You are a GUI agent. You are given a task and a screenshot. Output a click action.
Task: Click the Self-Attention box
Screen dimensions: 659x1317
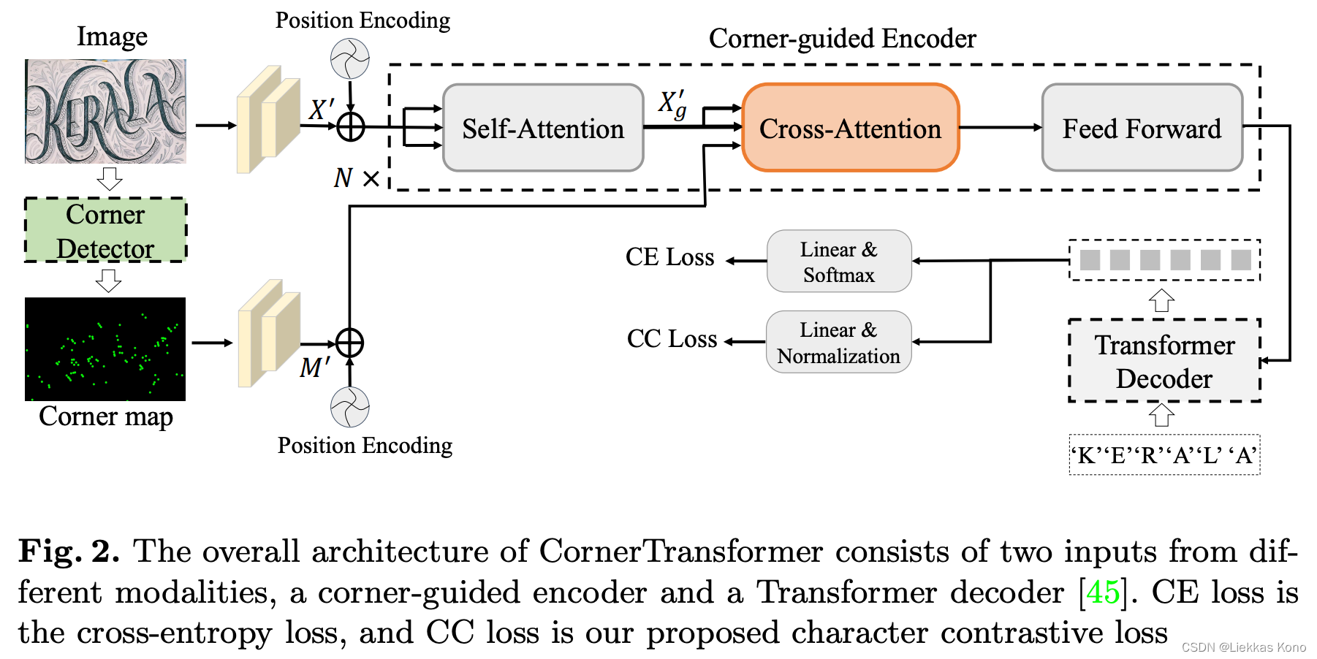pos(543,129)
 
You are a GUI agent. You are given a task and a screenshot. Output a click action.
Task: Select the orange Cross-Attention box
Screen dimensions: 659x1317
pos(850,129)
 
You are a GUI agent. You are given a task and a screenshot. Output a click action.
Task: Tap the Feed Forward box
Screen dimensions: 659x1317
pos(1142,129)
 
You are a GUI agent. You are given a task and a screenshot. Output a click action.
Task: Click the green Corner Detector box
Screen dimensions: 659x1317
pos(105,231)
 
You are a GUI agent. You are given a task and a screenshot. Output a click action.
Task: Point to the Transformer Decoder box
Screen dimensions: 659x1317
pos(1164,361)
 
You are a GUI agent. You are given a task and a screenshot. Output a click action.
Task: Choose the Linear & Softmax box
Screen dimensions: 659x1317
pos(839,262)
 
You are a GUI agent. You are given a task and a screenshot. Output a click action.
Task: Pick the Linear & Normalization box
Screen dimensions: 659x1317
pos(838,342)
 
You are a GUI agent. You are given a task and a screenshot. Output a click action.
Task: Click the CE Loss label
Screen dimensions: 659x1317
pos(669,257)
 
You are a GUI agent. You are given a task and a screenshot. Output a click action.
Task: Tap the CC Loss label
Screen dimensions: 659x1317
pos(672,339)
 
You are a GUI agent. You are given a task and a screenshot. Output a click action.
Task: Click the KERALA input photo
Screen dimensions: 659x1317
pos(105,111)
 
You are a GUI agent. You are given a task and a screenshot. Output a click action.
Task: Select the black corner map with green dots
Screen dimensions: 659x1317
pos(105,349)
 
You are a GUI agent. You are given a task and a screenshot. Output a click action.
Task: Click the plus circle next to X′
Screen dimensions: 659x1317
pos(351,127)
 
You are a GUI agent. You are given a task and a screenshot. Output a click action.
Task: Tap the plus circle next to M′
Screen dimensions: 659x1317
pos(349,343)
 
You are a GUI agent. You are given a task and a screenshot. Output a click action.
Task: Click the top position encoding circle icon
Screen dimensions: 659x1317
pos(350,59)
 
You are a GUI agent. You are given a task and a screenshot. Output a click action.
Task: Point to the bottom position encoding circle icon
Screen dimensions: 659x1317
pos(350,408)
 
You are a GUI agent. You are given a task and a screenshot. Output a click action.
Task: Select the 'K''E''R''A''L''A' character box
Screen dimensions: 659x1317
pos(1164,455)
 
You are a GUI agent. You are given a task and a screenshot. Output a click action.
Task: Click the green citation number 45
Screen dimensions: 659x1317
pos(1103,593)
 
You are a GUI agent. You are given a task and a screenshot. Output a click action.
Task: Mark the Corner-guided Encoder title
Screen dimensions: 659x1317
pos(842,39)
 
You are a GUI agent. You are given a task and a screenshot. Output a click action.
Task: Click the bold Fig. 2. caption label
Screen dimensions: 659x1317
pos(69,552)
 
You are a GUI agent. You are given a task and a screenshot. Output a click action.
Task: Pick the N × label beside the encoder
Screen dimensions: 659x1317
pos(357,178)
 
